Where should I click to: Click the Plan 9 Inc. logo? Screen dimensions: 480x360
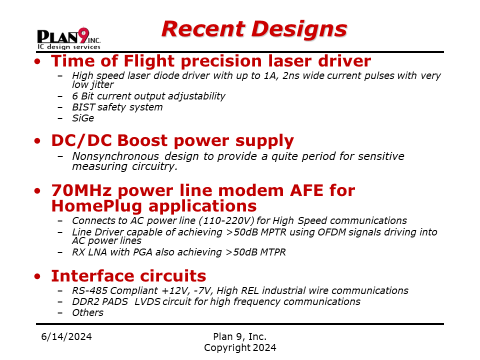[x=69, y=38]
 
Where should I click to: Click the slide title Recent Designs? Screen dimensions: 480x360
[x=254, y=29]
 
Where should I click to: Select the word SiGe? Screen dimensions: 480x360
[x=83, y=118]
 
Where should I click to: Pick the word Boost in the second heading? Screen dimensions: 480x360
[x=142, y=140]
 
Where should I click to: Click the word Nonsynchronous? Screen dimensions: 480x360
[x=115, y=156]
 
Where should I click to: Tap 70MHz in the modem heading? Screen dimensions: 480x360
[x=81, y=190]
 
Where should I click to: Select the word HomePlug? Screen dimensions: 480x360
[x=96, y=206]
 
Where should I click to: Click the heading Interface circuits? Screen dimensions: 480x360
[x=128, y=276]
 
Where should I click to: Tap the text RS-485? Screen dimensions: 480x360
[x=90, y=290]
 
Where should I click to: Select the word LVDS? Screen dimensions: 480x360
[x=147, y=301]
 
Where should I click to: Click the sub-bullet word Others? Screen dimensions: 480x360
[x=88, y=312]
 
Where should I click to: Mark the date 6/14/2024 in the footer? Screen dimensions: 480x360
[x=66, y=336]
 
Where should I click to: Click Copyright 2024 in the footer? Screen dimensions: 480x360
[x=240, y=348]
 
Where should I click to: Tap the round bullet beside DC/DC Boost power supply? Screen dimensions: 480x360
[x=37, y=141]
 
